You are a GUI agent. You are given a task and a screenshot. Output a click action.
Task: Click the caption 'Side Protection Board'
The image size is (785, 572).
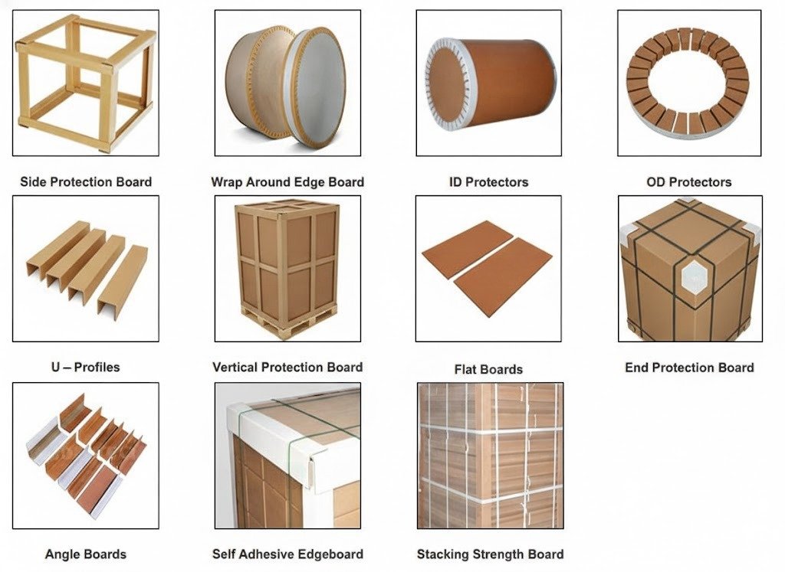[86, 182]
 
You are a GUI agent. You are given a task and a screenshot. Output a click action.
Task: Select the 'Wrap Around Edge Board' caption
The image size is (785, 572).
[287, 182]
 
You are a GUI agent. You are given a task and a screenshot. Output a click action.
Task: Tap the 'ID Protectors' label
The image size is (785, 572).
[488, 182]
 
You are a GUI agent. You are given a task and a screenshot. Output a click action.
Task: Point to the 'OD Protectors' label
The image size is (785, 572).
[689, 182]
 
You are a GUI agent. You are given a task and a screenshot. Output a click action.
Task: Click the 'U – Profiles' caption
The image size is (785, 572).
[86, 367]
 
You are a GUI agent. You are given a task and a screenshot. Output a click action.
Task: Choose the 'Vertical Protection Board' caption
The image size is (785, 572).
[287, 367]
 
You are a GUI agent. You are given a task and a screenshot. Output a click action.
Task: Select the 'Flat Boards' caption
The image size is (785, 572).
[488, 370]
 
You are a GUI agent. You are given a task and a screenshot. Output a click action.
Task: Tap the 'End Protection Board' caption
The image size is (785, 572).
[689, 368]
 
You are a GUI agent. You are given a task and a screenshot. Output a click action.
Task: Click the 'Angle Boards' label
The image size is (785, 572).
[86, 554]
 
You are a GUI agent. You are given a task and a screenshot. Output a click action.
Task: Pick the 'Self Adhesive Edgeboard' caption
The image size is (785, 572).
[287, 554]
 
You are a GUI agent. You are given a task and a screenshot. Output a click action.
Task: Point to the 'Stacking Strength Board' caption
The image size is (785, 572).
[490, 554]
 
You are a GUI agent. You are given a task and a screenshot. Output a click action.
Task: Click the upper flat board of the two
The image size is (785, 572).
[467, 249]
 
